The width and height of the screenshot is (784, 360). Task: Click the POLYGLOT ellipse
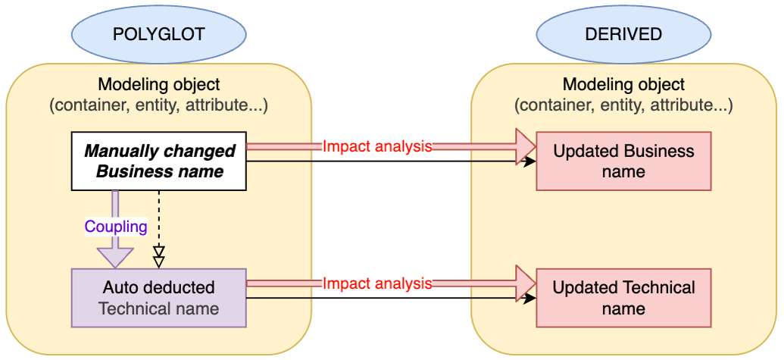(x=159, y=35)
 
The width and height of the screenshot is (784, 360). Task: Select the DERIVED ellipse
(x=623, y=35)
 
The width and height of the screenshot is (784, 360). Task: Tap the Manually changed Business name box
(x=159, y=161)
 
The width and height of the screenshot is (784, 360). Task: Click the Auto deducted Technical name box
(x=159, y=298)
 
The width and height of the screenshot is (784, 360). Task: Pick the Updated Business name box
(x=623, y=161)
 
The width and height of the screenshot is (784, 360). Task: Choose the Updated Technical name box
(x=623, y=298)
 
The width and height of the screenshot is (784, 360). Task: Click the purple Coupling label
(x=116, y=227)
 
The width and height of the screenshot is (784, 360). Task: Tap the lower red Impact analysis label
(x=377, y=283)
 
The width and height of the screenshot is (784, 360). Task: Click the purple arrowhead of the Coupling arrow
(x=116, y=257)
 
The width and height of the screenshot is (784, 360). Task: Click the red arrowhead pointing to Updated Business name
(x=525, y=147)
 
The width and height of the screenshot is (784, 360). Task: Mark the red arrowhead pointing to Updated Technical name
(x=525, y=283)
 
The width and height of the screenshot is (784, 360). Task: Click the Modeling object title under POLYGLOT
(x=159, y=84)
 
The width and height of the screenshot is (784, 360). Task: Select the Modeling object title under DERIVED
(x=623, y=84)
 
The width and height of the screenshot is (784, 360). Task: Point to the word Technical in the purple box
(x=133, y=308)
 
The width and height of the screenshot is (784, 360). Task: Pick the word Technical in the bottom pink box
(x=658, y=288)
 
